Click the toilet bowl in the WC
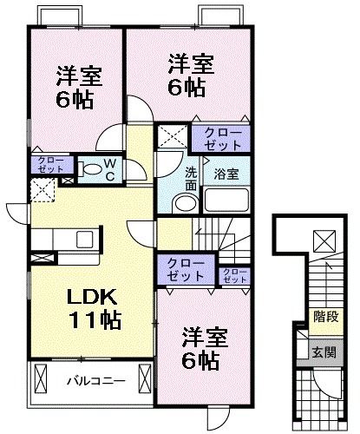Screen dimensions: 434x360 89,168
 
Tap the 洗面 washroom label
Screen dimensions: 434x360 191,178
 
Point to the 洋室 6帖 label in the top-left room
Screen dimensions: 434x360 80,84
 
